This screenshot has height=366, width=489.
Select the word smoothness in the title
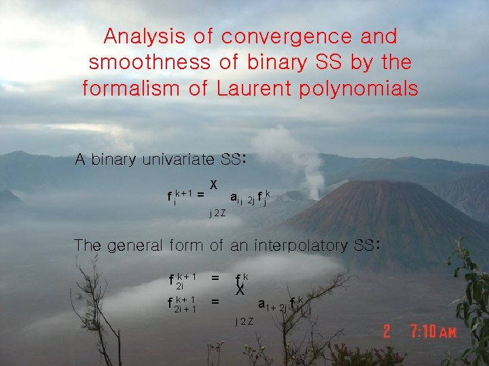point(149,62)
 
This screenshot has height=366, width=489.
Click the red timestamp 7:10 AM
point(433,332)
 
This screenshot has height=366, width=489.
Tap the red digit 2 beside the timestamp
point(386,332)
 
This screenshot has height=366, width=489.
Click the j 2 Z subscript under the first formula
point(217,213)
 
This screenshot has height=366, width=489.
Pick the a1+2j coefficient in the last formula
point(272,306)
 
